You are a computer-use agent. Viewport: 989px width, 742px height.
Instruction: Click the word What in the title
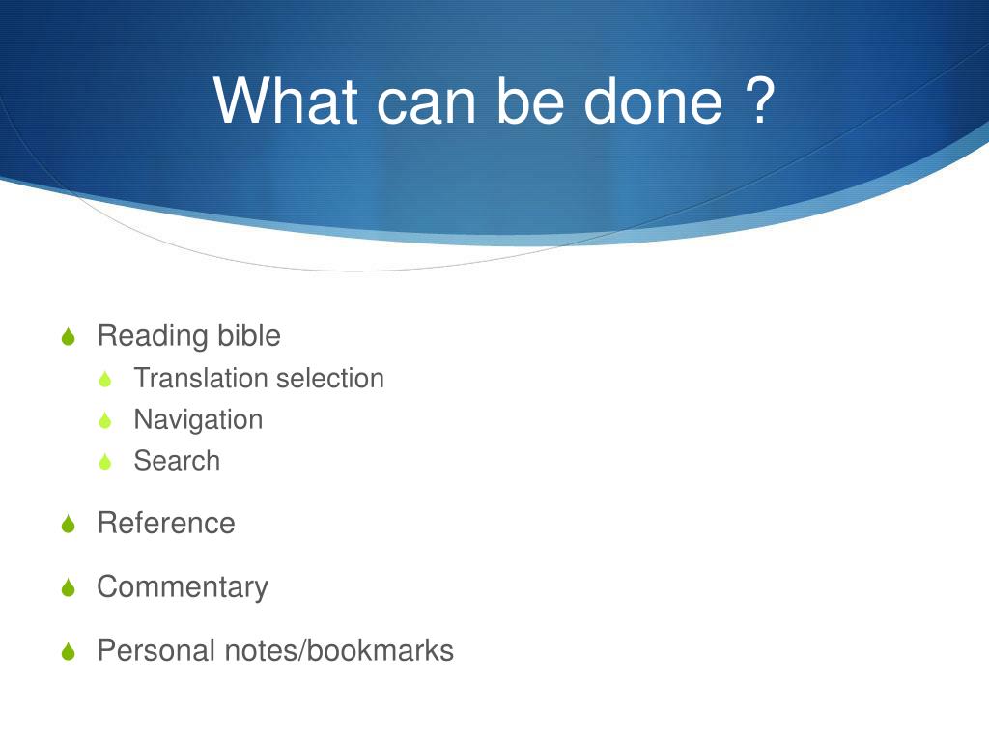pos(286,100)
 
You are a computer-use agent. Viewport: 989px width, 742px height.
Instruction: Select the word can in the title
pos(426,107)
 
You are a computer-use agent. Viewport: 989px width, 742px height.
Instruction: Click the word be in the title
pos(530,100)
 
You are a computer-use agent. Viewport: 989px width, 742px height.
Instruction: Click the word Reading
pos(153,336)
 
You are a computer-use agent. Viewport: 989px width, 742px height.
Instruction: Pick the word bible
pos(249,335)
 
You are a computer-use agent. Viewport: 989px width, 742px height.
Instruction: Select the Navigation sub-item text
pos(198,420)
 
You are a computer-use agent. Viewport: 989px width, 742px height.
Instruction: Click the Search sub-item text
pos(178,461)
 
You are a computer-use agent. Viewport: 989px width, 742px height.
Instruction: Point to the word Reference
pos(166,523)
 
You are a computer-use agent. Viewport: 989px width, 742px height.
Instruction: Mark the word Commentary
pos(183,588)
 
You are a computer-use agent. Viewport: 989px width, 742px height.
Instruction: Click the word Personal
pos(156,650)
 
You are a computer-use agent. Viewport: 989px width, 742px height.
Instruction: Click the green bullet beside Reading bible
pos(69,335)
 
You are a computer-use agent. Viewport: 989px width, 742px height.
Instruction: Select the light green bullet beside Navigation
pos(105,420)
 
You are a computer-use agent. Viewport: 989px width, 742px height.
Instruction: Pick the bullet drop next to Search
pos(105,461)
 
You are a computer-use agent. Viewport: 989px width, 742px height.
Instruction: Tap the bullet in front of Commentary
pos(69,587)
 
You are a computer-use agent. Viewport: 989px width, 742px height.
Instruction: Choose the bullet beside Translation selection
pos(105,379)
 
